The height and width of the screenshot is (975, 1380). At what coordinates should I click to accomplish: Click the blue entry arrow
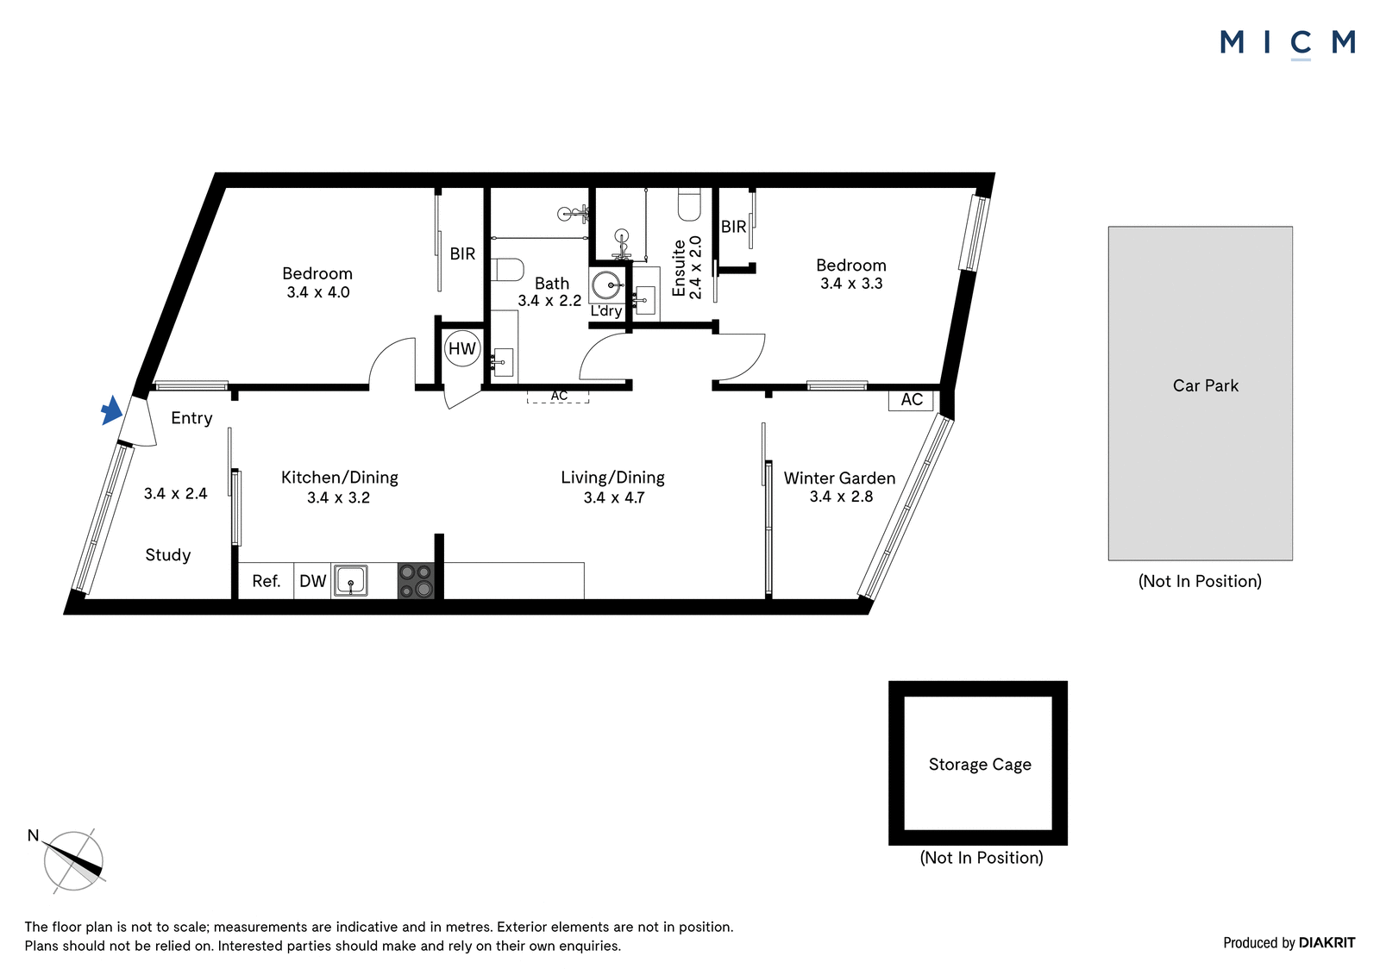tap(111, 410)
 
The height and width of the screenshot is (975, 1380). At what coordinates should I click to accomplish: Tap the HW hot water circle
tap(462, 348)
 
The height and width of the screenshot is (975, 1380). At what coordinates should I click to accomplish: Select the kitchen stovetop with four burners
tap(416, 581)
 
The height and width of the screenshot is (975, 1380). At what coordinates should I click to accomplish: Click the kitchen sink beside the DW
tap(350, 581)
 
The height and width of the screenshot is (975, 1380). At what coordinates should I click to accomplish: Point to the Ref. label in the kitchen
tap(267, 581)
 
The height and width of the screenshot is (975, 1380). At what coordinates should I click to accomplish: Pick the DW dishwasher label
tap(312, 581)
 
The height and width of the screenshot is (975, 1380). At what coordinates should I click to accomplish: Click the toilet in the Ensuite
tap(689, 204)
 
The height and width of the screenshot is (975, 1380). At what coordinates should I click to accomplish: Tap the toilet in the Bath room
tap(508, 269)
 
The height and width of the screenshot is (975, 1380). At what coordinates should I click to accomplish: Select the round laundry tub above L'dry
tap(607, 285)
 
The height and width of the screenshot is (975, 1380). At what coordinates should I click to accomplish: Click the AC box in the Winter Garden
tap(911, 400)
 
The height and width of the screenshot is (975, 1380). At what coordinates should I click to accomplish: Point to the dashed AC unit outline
tap(558, 396)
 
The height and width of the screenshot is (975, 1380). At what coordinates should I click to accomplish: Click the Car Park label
tap(1205, 385)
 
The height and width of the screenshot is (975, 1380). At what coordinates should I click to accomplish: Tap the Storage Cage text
tap(980, 765)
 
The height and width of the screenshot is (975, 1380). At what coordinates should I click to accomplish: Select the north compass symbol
tap(72, 860)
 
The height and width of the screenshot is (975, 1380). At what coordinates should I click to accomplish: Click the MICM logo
tap(1288, 42)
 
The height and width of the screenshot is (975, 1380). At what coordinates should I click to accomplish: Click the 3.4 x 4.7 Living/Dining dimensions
tap(613, 497)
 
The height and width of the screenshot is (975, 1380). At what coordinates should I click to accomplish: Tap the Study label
tap(167, 555)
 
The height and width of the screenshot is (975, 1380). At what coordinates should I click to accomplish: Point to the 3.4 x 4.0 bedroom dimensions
tap(318, 292)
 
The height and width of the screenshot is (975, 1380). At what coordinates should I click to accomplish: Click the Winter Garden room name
tap(839, 478)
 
